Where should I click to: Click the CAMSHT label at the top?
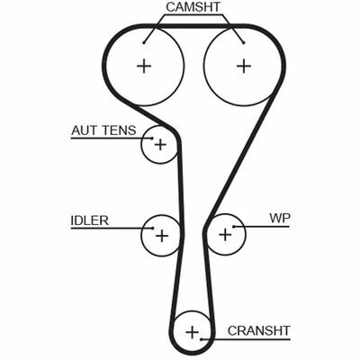tap(193, 7)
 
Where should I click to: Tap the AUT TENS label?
tap(103, 130)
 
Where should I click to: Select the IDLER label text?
tap(89, 220)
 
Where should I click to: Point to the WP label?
tap(280, 218)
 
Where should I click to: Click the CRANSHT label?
tap(259, 330)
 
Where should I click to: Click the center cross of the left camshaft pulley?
tap(144, 66)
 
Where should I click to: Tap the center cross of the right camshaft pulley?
tap(244, 66)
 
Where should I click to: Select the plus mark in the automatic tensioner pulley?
tap(160, 145)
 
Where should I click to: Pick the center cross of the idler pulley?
tap(162, 236)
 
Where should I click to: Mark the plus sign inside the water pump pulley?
tap(225, 234)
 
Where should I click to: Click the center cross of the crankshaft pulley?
tap(192, 332)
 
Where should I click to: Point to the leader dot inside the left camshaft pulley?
tap(144, 42)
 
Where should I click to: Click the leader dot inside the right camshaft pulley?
tap(244, 42)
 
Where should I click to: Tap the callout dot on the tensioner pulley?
tap(152, 139)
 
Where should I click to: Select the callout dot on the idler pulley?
tap(152, 229)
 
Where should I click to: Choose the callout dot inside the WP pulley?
tap(234, 226)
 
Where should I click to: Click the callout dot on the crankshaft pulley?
tap(202, 339)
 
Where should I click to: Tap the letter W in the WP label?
tap(275, 218)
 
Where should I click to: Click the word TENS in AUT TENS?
tap(119, 130)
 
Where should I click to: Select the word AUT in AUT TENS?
tap(85, 130)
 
